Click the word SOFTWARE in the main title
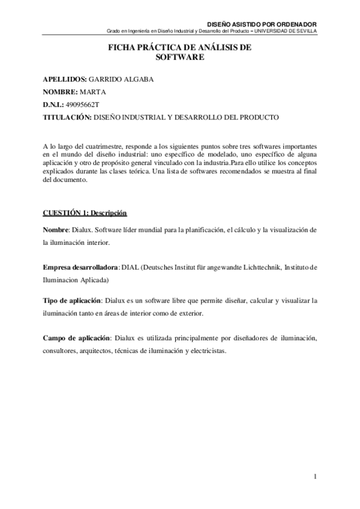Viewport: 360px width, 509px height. [180, 58]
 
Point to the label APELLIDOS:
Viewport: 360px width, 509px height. [65, 79]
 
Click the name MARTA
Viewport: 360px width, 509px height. [92, 92]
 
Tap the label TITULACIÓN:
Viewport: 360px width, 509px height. [67, 117]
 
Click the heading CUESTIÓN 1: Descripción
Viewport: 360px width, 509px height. [85, 213]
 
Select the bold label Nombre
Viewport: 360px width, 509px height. [56, 230]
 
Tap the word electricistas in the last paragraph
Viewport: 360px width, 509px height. [208, 351]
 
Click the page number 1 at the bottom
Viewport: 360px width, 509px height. [314, 477]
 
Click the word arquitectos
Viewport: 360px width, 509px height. [97, 351]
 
